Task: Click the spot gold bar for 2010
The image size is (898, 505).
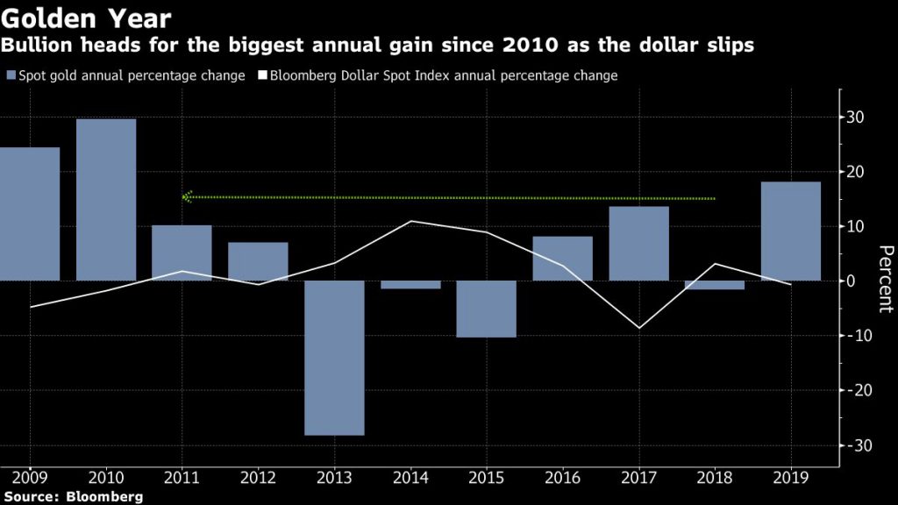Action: (x=106, y=200)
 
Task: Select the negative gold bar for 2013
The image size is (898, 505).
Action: (x=334, y=358)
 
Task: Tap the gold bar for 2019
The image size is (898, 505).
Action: (x=791, y=231)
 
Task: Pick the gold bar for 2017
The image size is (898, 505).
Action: (x=638, y=244)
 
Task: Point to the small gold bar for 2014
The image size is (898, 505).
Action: (x=410, y=285)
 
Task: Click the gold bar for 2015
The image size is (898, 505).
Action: (x=487, y=309)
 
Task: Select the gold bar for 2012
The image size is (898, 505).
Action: (x=258, y=261)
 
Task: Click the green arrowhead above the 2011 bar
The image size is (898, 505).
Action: (x=187, y=197)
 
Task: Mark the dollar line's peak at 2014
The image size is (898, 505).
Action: (x=410, y=221)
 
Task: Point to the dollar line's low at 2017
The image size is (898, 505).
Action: (x=638, y=328)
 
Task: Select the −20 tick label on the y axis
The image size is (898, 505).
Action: (x=852, y=390)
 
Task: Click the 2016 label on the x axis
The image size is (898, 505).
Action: (x=562, y=480)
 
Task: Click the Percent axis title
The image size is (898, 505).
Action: (x=884, y=279)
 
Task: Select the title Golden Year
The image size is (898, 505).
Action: (x=86, y=18)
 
